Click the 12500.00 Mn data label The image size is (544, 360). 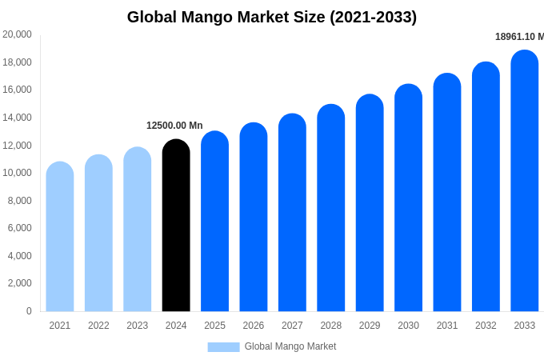point(174,126)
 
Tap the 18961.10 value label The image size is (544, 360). point(519,37)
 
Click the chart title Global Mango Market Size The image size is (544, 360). point(272,17)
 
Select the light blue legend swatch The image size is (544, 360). point(223,346)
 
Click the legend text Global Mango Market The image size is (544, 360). point(290,346)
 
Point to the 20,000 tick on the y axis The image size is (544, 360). point(17,34)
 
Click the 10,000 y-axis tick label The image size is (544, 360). point(17,173)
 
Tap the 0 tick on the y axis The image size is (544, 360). point(29,311)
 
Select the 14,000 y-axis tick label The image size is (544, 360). point(17,118)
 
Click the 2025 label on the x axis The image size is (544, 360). point(214,326)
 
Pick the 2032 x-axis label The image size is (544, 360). point(486,326)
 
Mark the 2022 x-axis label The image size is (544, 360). point(98,326)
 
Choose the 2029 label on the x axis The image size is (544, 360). point(370,326)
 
